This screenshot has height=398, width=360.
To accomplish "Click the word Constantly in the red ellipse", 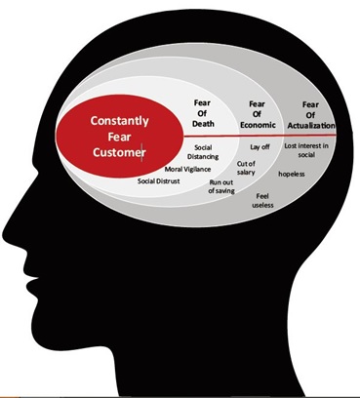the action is (x=119, y=121).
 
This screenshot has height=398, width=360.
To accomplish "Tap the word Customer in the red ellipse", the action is (x=119, y=152).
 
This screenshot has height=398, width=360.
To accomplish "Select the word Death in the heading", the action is (x=203, y=124).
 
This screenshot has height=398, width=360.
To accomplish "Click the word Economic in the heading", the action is (x=258, y=125).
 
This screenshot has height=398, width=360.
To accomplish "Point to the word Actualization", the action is (x=311, y=126).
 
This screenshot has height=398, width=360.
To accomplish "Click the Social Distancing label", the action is (x=203, y=152).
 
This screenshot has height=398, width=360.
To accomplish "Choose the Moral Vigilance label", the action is (x=187, y=169).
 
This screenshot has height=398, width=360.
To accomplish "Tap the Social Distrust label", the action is (x=158, y=181).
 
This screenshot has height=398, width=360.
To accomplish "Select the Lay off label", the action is (x=260, y=146).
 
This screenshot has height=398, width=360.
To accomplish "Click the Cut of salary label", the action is (x=246, y=168).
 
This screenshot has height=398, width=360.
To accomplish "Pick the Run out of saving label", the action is (x=221, y=186).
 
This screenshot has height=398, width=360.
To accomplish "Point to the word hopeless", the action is (x=292, y=174).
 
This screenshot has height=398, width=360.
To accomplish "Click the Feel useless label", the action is (x=262, y=201).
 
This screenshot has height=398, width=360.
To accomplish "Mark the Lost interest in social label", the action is (x=306, y=150).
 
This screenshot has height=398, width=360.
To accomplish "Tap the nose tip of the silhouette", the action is (x=4, y=235).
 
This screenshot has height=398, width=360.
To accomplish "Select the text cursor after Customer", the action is (x=141, y=152).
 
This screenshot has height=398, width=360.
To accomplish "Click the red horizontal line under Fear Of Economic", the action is (x=260, y=136).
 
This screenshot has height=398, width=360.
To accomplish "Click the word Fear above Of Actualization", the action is (x=310, y=104).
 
